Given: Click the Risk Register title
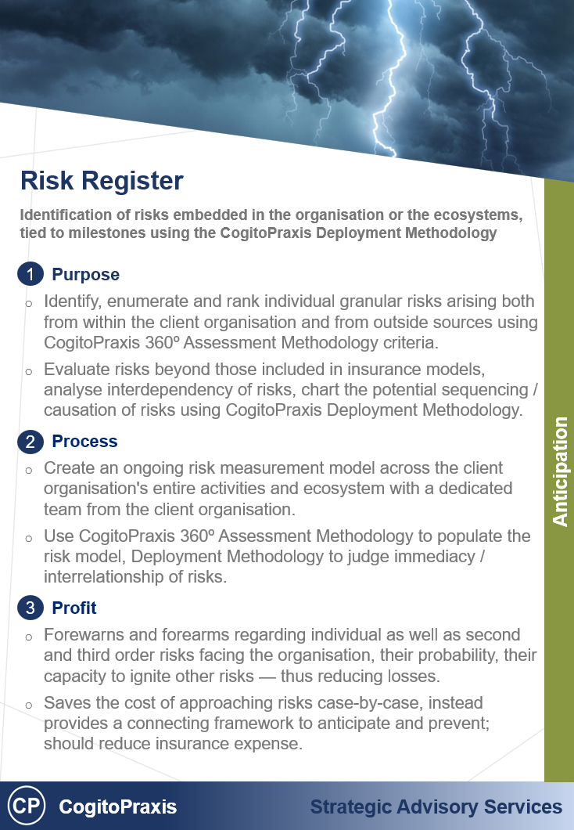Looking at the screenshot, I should pos(102,182).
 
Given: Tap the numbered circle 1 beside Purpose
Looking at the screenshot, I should pos(30,275).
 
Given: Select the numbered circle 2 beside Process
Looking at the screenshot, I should pos(30,442).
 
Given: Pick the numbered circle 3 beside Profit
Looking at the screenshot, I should pos(30,608).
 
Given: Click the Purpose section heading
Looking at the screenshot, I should pos(85,275).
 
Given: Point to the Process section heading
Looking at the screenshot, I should pos(84,442).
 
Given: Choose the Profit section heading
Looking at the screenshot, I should pos(74,608).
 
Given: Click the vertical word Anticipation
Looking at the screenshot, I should pos(560,471).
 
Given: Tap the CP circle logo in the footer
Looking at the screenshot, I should pos(26,807).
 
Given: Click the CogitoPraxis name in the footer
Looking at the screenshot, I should pos(118,807).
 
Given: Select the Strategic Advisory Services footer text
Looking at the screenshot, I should pos(436,807).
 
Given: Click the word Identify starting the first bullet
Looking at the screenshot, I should pos(71,302).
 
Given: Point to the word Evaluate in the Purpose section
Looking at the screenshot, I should pos(75,370).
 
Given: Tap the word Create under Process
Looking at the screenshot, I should pos(67,468).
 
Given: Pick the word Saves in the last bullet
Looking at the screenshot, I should pos(65,702).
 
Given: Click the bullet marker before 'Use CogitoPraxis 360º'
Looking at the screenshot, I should pos(29,539).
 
